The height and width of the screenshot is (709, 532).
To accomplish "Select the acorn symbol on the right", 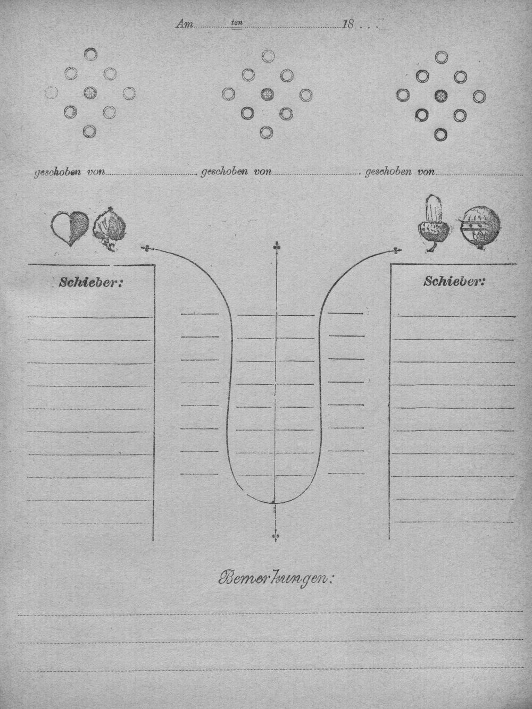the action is coord(433,223).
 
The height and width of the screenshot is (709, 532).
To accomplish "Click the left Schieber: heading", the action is coord(91,283).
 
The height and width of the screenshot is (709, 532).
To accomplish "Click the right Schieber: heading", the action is coord(454,282).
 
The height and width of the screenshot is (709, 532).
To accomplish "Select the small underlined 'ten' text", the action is coord(237,23).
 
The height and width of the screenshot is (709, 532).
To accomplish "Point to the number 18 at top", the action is coord(348,24).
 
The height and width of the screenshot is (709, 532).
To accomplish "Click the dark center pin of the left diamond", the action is coord(90,93).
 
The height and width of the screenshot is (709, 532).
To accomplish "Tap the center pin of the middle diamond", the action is coord(267,95).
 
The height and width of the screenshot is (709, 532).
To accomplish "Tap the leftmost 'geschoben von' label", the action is coord(70,172).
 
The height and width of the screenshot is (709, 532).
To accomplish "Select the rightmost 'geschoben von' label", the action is coord(400,172).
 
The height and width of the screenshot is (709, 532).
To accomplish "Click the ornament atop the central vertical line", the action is coord(276,247).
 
